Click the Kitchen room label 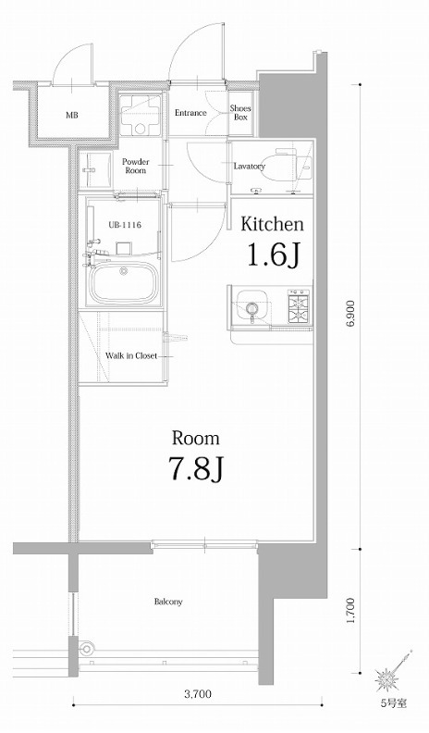272,224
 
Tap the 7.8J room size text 196,468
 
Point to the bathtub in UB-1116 123,282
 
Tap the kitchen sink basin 252,306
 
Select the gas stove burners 300,306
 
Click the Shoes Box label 240,113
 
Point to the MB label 72,115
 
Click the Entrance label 190,113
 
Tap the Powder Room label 135,166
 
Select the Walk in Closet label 130,355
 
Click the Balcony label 168,602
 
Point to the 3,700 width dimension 198,694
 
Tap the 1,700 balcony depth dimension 352,611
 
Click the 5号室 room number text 394,703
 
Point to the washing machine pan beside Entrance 140,114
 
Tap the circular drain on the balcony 86,649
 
